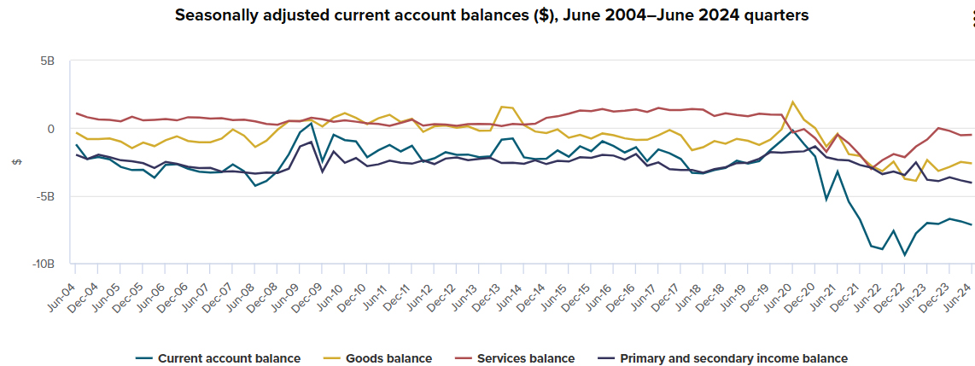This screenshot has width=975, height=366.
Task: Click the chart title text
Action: click(491, 15)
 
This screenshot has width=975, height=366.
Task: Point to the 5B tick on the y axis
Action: click(47, 61)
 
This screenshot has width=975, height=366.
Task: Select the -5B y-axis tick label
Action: click(44, 196)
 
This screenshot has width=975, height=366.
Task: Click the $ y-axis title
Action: click(15, 162)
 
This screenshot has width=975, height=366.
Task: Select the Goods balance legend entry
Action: click(379, 358)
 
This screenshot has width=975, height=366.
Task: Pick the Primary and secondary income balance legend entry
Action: click(724, 358)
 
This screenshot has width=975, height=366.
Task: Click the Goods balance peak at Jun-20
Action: click(793, 102)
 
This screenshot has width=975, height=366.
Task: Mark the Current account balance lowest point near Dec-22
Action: click(905, 254)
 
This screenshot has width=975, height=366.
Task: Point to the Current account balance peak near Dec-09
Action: click(312, 123)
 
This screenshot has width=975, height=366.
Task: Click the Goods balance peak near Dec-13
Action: click(501, 107)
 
